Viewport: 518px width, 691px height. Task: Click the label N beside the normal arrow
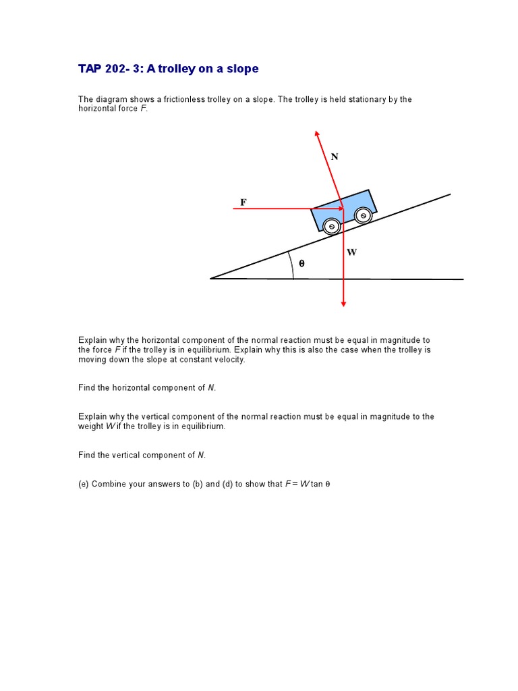coord(335,157)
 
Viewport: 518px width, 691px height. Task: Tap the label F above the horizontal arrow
coord(243,202)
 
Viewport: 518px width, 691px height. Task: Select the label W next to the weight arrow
coord(352,252)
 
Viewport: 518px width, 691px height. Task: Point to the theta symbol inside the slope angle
coord(301,264)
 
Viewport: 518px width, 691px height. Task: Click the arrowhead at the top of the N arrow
coord(316,134)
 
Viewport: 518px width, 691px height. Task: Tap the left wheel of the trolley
coord(331,227)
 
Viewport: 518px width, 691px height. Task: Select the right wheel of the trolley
coord(363,216)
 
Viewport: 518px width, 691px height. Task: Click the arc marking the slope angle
coord(291,265)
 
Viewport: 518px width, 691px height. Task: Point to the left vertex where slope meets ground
coord(212,278)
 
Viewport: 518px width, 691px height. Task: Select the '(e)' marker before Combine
coord(84,485)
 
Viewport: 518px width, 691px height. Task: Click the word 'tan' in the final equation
coord(316,485)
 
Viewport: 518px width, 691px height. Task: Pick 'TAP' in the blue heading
coord(89,69)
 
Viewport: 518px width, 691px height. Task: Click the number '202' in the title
coord(113,69)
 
